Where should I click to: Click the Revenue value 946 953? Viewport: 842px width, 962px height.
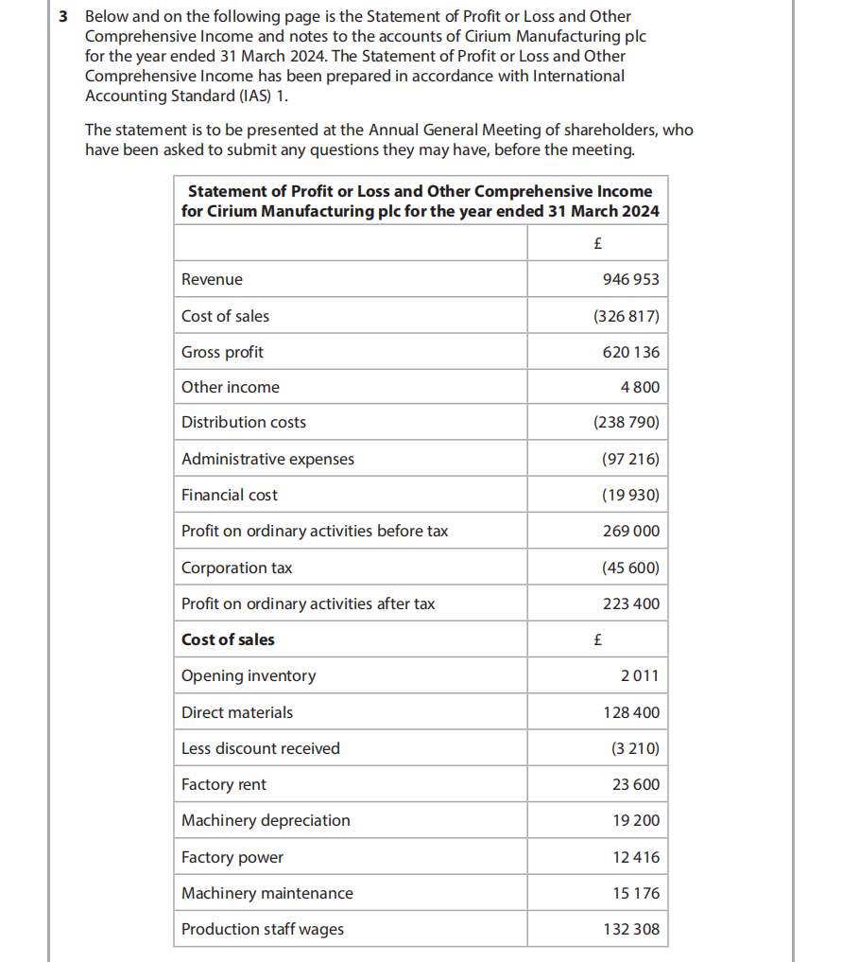click(631, 279)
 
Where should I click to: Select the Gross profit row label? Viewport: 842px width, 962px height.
click(222, 352)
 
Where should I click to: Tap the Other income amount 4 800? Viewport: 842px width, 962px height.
click(640, 387)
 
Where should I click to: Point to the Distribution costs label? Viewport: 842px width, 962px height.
click(244, 422)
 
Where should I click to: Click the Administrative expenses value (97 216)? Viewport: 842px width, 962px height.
click(630, 459)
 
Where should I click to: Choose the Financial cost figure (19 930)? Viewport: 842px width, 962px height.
click(630, 495)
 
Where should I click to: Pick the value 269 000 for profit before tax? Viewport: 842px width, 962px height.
click(631, 531)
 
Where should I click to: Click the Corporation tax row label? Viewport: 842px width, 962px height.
click(236, 568)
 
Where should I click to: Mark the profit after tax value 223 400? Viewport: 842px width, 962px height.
click(631, 603)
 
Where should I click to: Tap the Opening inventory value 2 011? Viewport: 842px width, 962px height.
click(640, 675)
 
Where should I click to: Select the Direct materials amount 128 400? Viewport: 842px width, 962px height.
click(631, 712)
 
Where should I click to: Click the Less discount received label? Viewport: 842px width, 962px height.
click(260, 748)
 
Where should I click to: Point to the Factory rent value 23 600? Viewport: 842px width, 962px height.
click(636, 784)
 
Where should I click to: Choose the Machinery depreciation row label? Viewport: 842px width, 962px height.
click(266, 820)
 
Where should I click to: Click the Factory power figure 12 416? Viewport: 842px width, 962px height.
click(636, 857)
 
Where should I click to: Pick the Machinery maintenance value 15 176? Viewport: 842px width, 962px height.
click(636, 893)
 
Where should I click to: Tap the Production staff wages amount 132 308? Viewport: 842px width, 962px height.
click(631, 929)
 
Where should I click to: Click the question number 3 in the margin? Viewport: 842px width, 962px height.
click(62, 17)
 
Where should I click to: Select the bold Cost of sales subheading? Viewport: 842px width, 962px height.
click(228, 639)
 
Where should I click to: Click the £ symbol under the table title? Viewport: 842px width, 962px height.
click(597, 243)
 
